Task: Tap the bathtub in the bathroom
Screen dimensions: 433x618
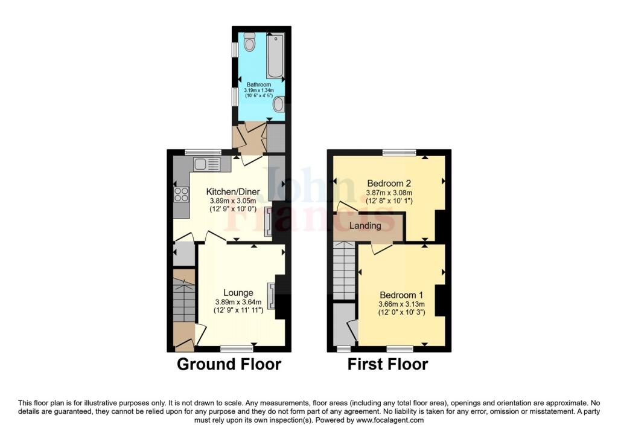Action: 275,56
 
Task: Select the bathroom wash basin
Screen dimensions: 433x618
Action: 278,105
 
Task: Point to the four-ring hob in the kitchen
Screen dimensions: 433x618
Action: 182,194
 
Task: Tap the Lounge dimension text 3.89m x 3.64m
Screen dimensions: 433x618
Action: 238,302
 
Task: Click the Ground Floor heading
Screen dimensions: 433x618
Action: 229,365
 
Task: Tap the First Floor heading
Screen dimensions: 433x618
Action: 387,365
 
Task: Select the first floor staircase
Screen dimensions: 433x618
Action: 345,270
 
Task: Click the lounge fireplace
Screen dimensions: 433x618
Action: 272,296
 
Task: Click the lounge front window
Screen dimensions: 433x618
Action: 237,348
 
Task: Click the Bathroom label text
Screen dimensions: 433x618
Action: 258,85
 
